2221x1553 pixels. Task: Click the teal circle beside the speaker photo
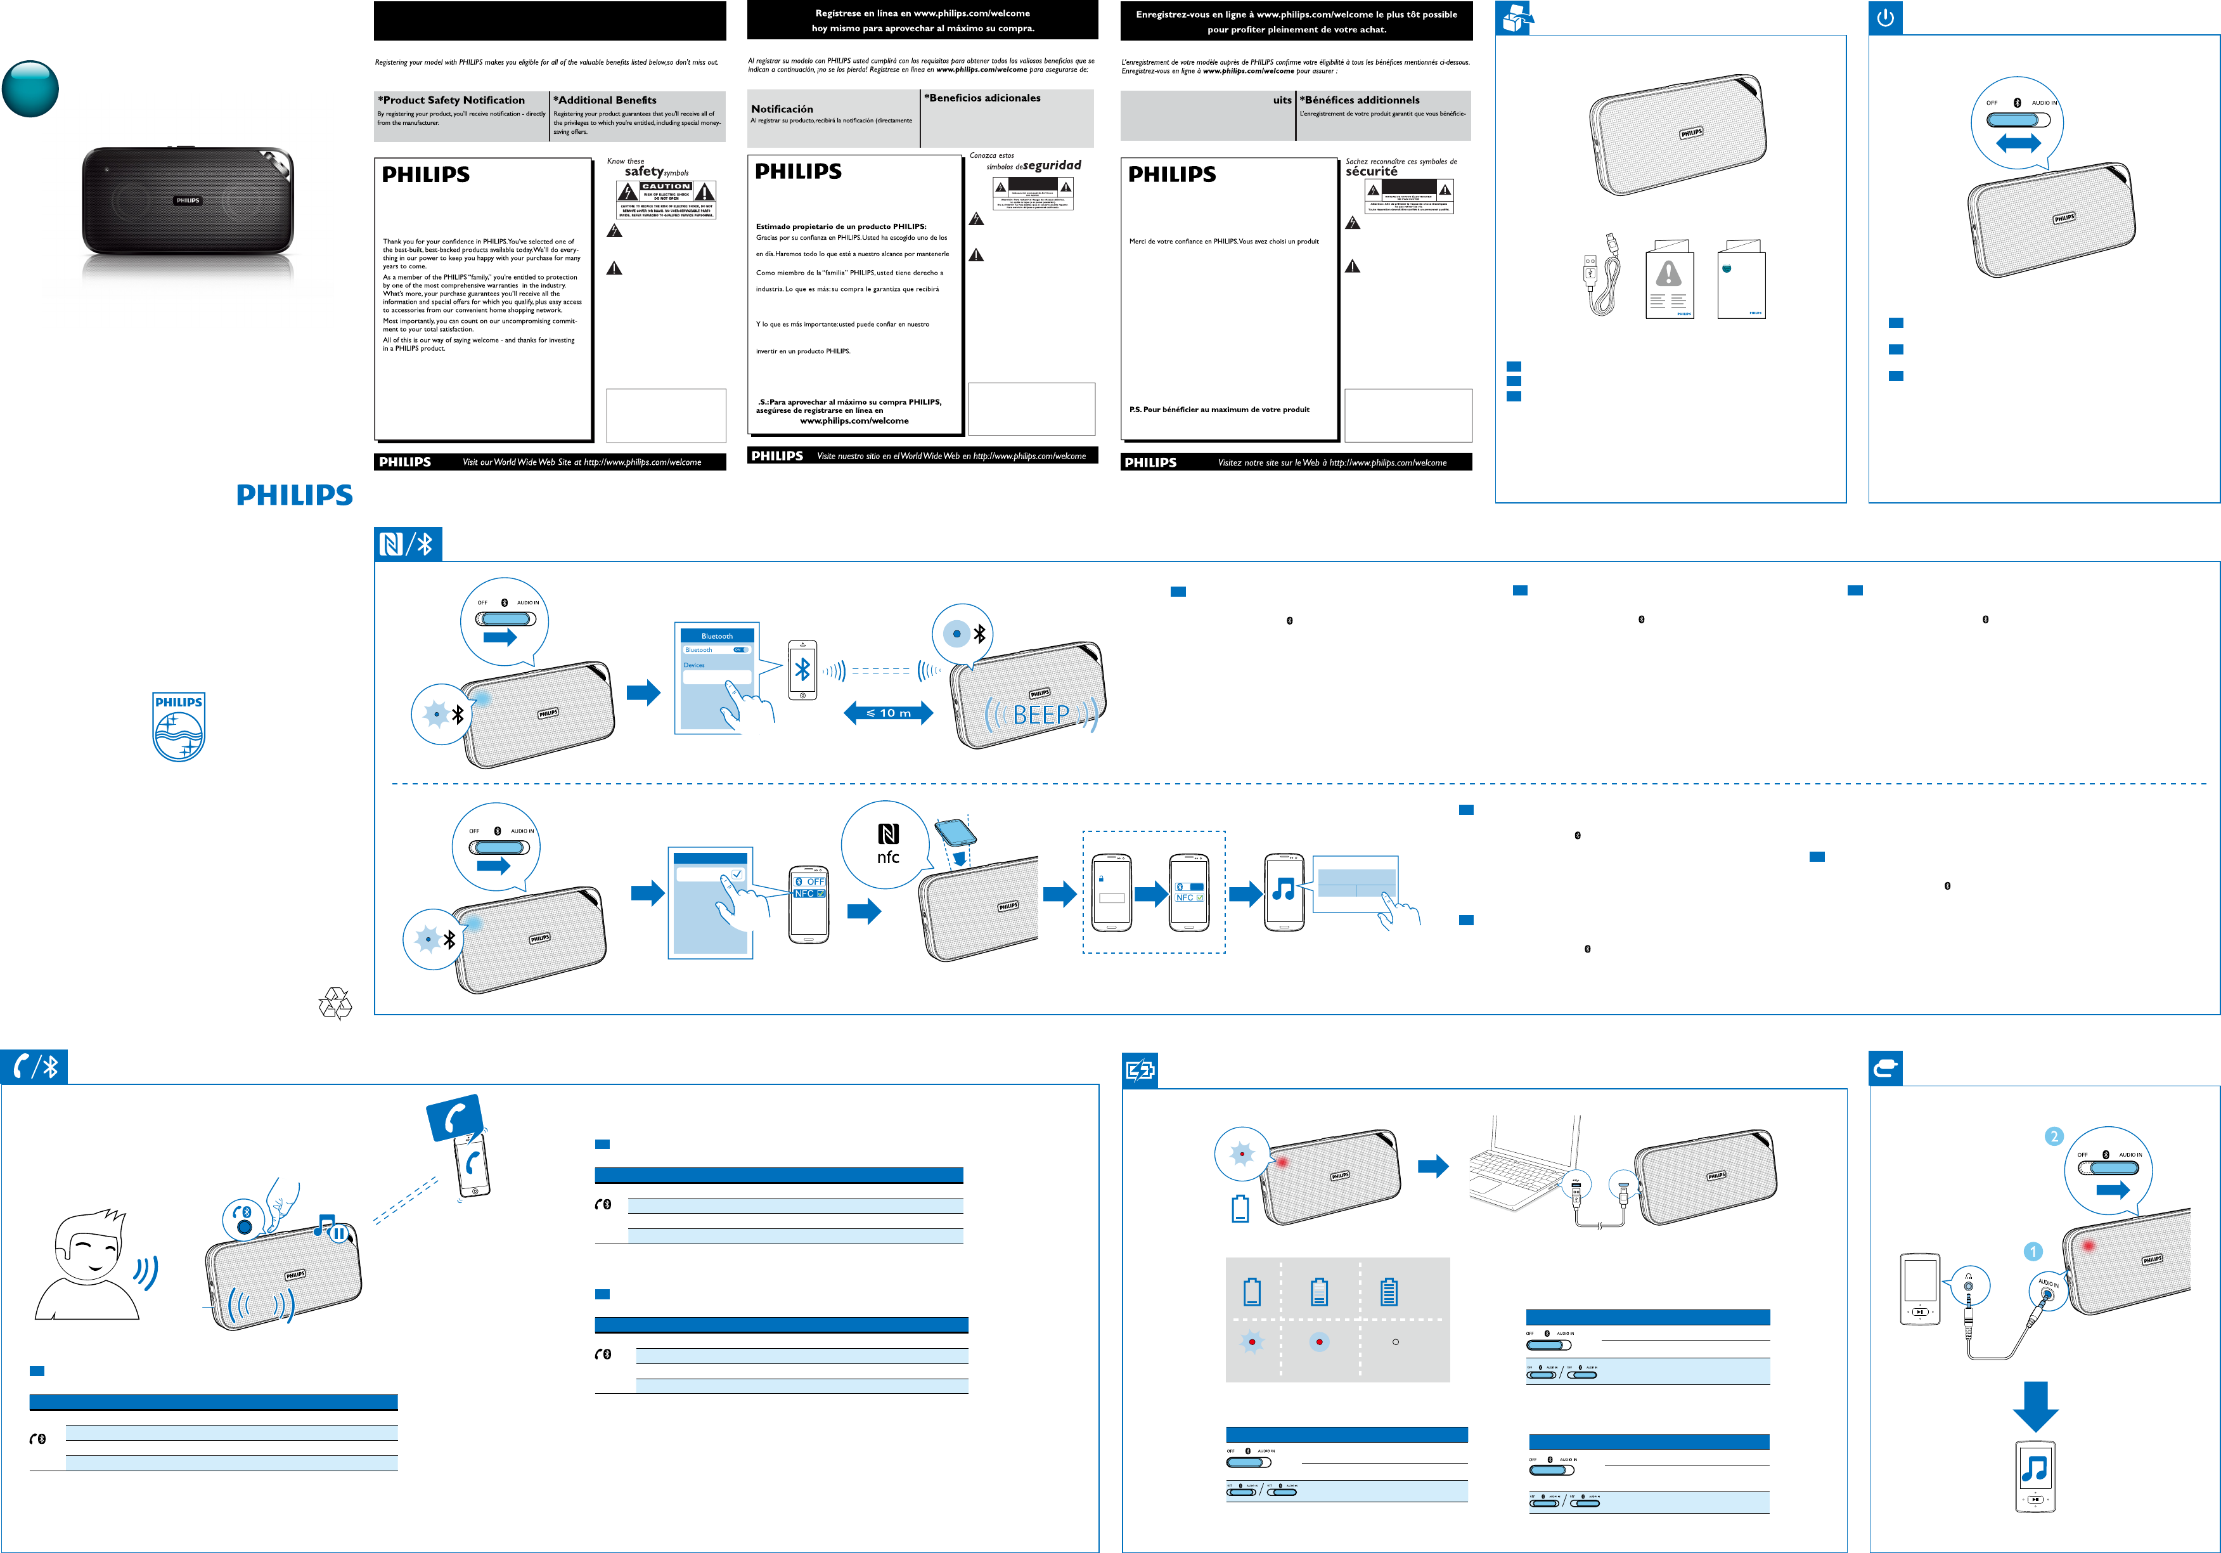click(30, 89)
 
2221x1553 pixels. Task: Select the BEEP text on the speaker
click(1041, 715)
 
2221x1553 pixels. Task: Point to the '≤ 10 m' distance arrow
click(888, 713)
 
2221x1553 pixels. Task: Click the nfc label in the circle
click(888, 857)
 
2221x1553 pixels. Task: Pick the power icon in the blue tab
click(1885, 17)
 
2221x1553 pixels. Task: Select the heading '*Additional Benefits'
click(605, 100)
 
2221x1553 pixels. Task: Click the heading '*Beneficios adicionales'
click(983, 98)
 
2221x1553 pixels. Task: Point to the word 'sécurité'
click(1371, 171)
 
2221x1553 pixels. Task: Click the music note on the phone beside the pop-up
click(1284, 889)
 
